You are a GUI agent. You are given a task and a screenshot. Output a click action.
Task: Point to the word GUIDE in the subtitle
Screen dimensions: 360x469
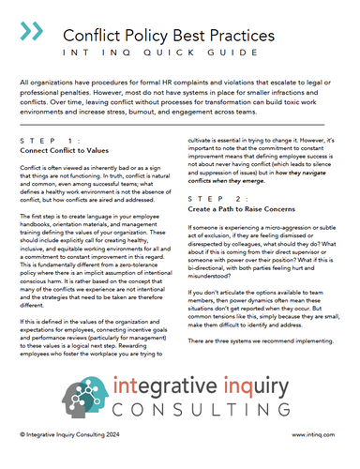click(251, 53)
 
